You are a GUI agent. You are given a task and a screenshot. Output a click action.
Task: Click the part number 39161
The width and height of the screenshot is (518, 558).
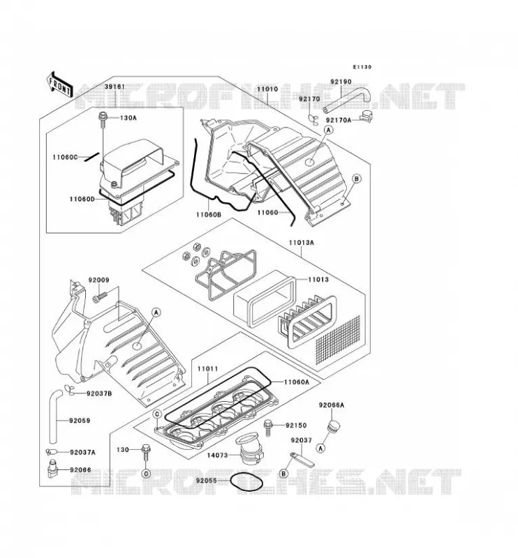[x=114, y=86]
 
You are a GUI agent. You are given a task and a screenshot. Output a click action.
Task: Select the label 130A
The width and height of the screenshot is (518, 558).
[x=128, y=118]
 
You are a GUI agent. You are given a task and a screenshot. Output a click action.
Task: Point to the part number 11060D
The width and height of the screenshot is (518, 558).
[x=82, y=199]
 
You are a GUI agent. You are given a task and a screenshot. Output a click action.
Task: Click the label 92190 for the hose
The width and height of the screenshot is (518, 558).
[x=341, y=82]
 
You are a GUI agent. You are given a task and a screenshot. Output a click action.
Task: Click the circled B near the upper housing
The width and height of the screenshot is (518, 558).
[x=357, y=179]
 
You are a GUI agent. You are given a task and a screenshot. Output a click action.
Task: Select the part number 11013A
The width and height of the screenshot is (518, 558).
[x=302, y=243]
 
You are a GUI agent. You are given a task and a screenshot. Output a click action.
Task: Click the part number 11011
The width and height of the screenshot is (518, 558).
[x=208, y=369]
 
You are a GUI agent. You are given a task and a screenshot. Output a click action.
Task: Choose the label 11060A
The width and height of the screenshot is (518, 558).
[x=297, y=382]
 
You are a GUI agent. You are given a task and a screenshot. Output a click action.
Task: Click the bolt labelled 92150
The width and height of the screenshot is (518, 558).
[x=267, y=428]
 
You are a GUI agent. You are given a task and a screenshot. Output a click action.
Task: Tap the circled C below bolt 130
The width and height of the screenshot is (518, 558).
[x=146, y=474]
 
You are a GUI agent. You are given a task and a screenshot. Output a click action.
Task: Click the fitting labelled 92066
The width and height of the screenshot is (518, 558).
[x=52, y=469]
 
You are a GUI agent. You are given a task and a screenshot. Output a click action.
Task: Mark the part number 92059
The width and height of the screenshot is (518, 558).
[x=80, y=421]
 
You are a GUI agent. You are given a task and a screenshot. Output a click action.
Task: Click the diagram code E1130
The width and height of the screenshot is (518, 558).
[x=362, y=67]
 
